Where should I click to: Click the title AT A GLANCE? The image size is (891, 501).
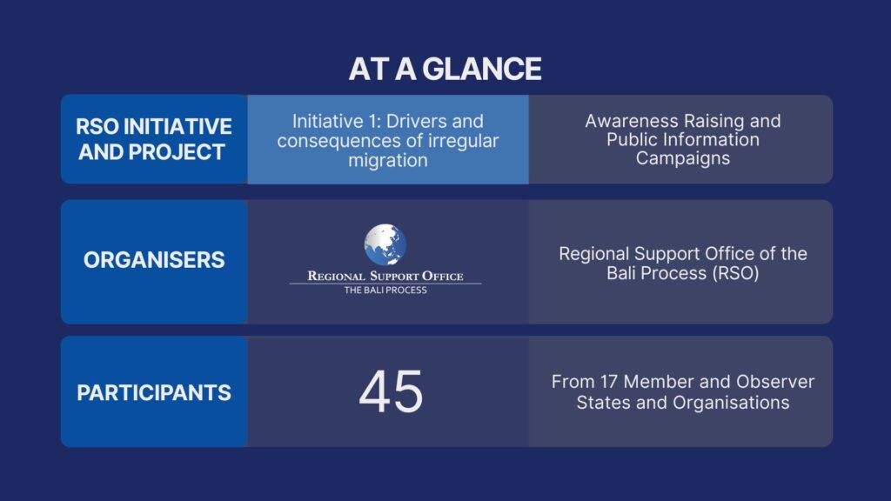(x=445, y=69)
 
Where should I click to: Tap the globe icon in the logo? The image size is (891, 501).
(x=385, y=244)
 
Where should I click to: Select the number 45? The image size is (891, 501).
(x=391, y=391)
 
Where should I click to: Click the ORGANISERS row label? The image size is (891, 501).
(x=154, y=259)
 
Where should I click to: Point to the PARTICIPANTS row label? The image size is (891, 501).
(x=154, y=392)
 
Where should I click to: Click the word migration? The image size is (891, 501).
(x=387, y=160)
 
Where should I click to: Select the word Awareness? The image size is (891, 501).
(x=632, y=121)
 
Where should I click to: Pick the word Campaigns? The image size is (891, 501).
(x=682, y=158)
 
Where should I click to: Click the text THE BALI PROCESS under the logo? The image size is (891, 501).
(x=385, y=290)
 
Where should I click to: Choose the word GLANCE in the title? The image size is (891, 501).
(x=482, y=69)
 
